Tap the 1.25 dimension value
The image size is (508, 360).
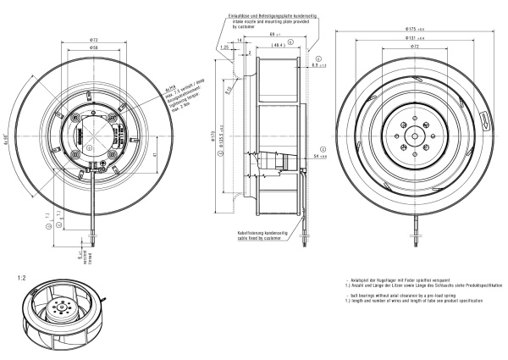click(x=224, y=49)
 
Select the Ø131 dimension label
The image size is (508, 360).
click(x=414, y=39)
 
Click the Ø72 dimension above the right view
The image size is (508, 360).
click(x=414, y=47)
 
